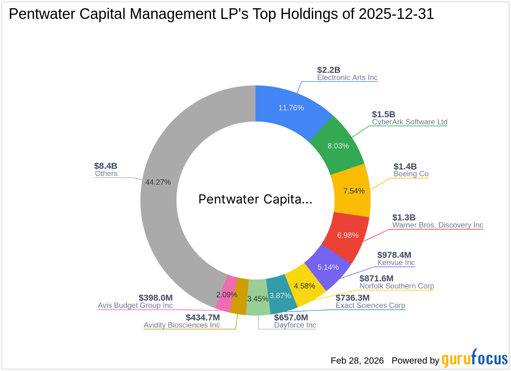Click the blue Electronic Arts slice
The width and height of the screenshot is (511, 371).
(290, 108)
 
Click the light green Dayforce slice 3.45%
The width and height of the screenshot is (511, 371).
(258, 298)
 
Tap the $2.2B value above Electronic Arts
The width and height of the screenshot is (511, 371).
(329, 70)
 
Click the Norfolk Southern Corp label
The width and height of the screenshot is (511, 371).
(397, 286)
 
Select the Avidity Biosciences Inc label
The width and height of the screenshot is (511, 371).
(182, 325)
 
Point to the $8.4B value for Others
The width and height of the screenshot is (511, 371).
(106, 166)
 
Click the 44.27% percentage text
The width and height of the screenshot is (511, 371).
(158, 182)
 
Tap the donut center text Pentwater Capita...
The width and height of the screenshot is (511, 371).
(255, 199)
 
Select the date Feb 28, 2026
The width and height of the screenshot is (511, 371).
(357, 361)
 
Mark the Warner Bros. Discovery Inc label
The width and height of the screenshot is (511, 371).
(438, 225)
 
